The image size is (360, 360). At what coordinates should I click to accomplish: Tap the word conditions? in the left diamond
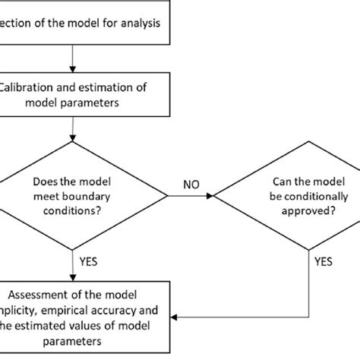pos(71,212)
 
